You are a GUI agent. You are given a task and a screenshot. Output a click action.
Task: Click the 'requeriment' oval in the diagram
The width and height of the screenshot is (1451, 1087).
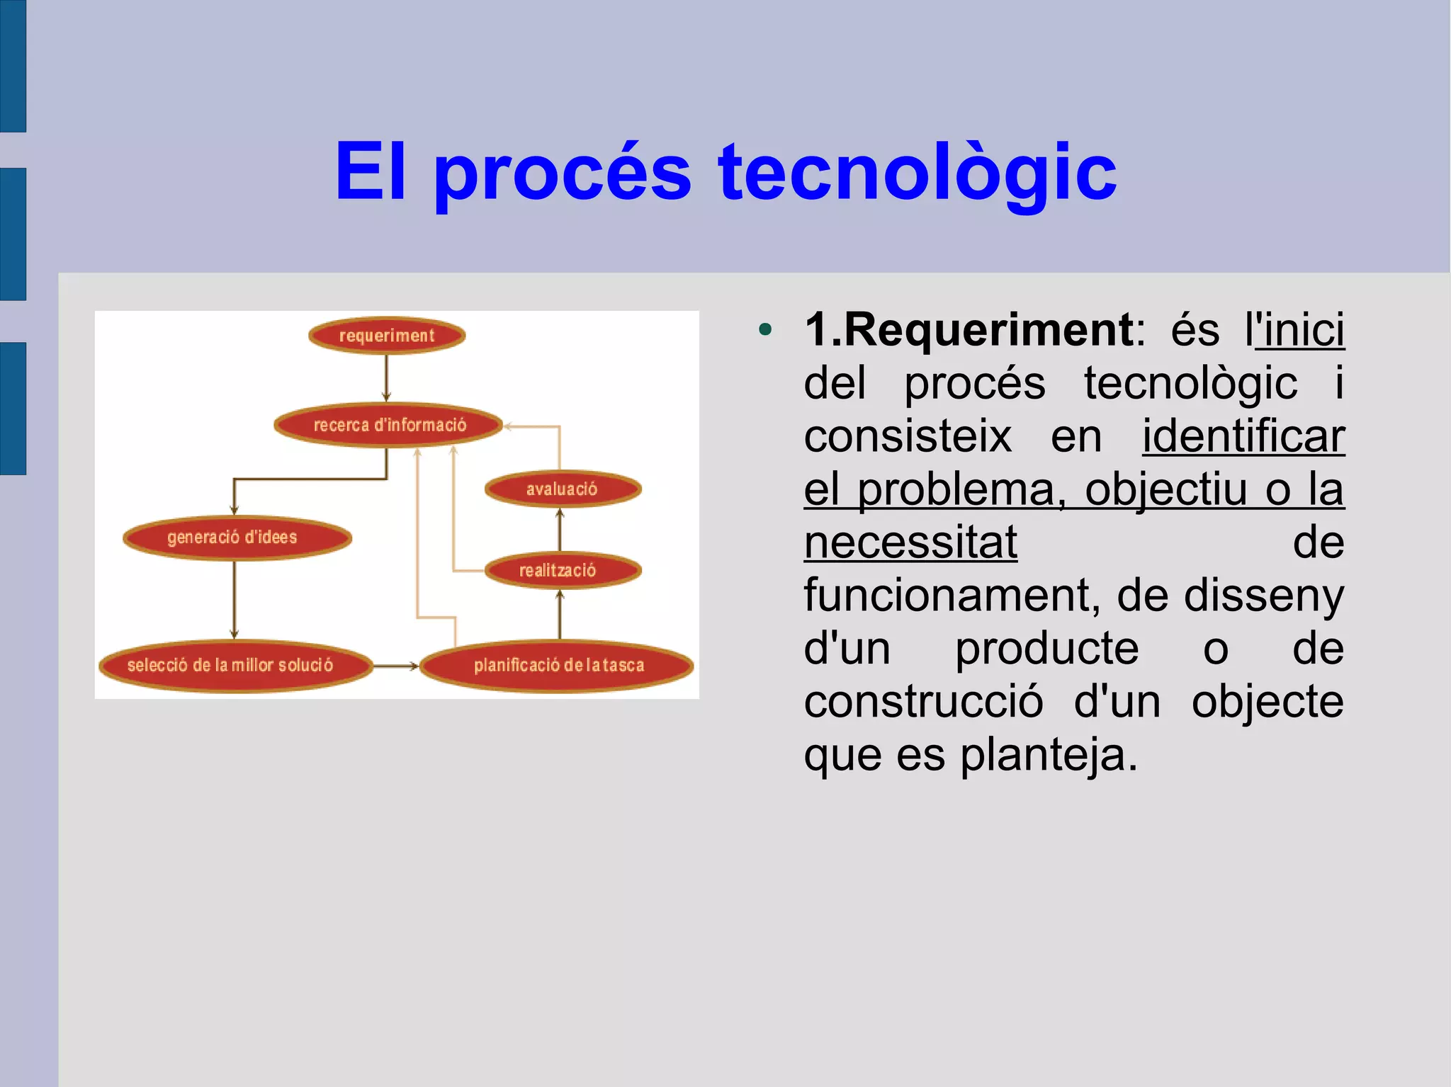[387, 336]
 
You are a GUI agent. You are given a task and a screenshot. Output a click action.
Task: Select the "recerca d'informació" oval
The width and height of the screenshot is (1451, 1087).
[389, 425]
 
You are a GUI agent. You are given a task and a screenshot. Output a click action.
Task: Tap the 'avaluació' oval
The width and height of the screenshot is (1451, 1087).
[563, 489]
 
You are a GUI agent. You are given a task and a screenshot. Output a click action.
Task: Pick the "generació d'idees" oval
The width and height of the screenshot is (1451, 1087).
[237, 537]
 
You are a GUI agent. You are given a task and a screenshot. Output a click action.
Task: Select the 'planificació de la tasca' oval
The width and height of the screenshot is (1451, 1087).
[557, 666]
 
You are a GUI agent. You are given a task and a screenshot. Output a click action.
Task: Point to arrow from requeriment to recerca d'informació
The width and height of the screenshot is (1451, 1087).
[386, 378]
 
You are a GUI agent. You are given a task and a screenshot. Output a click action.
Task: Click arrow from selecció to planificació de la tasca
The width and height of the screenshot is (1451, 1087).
[395, 666]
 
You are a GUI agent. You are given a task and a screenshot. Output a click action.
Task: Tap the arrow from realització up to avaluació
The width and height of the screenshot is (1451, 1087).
[560, 530]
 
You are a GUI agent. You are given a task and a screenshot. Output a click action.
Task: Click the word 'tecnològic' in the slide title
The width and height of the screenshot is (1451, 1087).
[917, 172]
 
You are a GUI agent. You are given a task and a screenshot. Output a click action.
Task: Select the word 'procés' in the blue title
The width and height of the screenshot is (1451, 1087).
[562, 172]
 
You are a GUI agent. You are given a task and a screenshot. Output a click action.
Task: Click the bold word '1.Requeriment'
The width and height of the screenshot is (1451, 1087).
[969, 330]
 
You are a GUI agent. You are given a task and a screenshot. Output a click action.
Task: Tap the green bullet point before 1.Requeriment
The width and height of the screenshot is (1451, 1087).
[764, 330]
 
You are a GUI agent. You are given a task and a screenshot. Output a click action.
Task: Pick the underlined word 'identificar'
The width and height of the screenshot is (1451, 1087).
[1243, 436]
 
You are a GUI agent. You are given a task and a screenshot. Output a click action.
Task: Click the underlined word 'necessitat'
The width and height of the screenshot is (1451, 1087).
[910, 542]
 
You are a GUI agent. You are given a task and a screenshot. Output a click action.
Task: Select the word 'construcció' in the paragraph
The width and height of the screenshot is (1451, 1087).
[923, 702]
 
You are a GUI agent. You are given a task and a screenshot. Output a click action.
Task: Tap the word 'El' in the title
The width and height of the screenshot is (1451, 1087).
[370, 172]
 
